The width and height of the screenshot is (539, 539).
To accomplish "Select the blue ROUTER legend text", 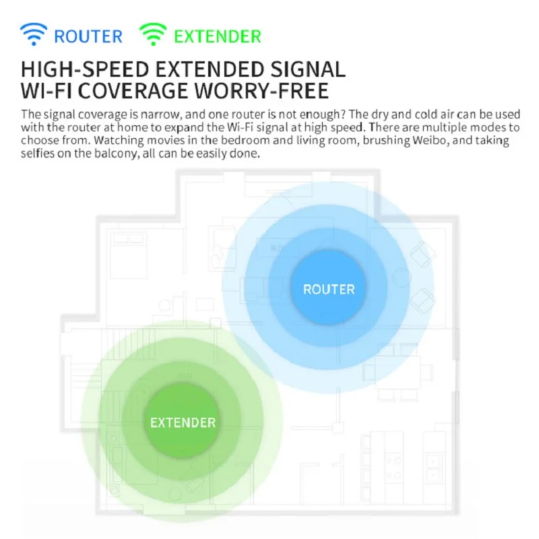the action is click(x=88, y=36).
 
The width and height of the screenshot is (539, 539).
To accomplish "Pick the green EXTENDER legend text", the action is click(x=217, y=36).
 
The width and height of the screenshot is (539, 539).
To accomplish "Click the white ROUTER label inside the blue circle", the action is click(x=329, y=290).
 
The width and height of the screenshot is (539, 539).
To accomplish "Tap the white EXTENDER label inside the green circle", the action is click(x=183, y=423).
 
